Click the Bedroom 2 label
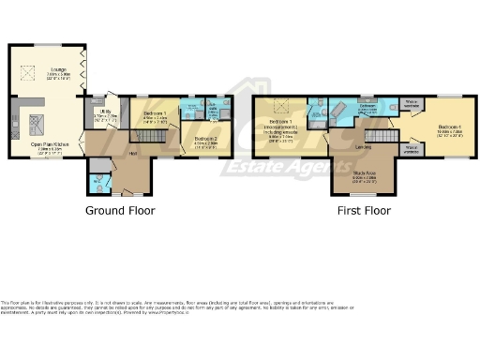[x=206, y=138]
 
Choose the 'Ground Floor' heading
[x=120, y=211]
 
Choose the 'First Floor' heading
[x=364, y=211]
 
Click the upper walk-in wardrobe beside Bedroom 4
[x=411, y=102]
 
